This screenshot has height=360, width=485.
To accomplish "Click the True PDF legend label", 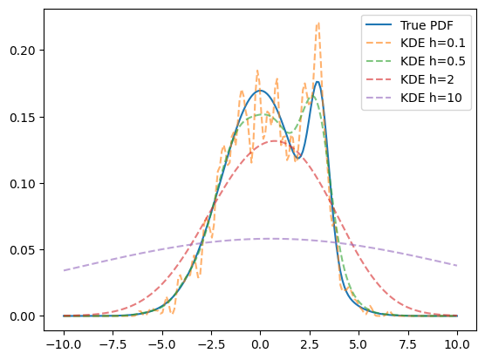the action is tap(427, 25).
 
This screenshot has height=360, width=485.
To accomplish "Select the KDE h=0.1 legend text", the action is tap(433, 44).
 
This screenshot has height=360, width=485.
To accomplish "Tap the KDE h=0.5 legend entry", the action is tap(433, 62).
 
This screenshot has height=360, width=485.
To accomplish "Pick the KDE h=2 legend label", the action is tap(427, 79).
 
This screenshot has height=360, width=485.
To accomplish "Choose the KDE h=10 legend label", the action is tap(431, 98).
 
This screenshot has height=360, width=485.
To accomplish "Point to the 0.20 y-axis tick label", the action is tap(23, 51).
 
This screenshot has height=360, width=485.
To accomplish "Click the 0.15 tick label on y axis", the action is tap(23, 118).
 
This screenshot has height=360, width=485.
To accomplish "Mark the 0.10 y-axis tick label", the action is tap(23, 184).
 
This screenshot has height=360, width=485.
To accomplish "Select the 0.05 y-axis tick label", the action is tap(23, 250).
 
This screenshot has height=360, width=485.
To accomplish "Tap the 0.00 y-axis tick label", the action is tap(23, 316).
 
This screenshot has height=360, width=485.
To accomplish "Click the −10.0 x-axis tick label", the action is tap(64, 344).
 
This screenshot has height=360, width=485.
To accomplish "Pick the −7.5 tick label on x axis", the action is tap(113, 344).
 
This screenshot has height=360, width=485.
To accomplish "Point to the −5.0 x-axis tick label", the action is tap(162, 344).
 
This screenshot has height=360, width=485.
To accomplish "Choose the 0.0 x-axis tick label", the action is tap(261, 344).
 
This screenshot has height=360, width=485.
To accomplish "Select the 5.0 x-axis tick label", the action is tap(359, 344).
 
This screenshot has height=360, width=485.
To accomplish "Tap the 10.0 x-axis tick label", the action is tap(457, 344).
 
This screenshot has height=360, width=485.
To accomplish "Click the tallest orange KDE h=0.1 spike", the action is tap(318, 23).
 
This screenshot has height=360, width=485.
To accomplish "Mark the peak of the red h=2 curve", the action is tap(274, 141).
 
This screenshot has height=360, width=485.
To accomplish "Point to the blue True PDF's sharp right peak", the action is tap(318, 82).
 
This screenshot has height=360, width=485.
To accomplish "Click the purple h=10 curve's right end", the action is tap(457, 266).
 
